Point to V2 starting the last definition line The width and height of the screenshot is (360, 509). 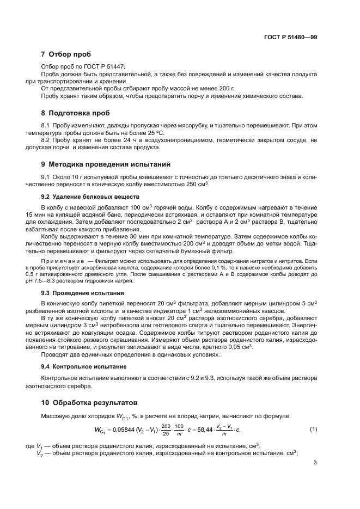40,452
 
